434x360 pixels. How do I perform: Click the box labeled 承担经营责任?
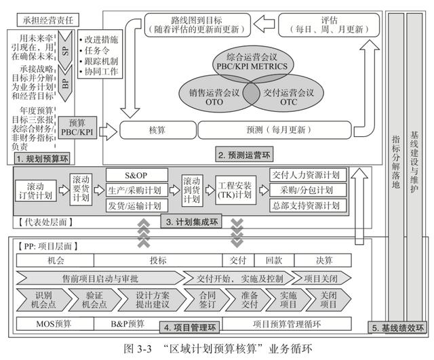pos(48,20)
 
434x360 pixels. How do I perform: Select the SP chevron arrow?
pos(65,49)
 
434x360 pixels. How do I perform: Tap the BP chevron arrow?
pos(65,83)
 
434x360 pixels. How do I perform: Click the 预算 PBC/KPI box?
pos(77,127)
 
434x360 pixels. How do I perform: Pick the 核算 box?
pos(157,129)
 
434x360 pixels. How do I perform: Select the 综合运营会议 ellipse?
pos(252,62)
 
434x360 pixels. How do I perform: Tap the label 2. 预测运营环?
pos(244,155)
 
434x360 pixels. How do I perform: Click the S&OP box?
pos(137,175)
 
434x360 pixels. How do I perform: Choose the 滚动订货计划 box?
pos(36,191)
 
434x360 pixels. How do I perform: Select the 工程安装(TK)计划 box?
pos(235,190)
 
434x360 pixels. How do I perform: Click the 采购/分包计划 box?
pos(308,190)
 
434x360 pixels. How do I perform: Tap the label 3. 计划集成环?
pos(191,222)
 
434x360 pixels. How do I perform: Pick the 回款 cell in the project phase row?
pos(274,260)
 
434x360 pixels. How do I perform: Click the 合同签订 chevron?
pos(207,300)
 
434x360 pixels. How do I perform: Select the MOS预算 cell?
pos(55,324)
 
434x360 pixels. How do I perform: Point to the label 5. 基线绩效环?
pos(397,328)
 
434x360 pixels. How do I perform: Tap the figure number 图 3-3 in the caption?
pos(137,348)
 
